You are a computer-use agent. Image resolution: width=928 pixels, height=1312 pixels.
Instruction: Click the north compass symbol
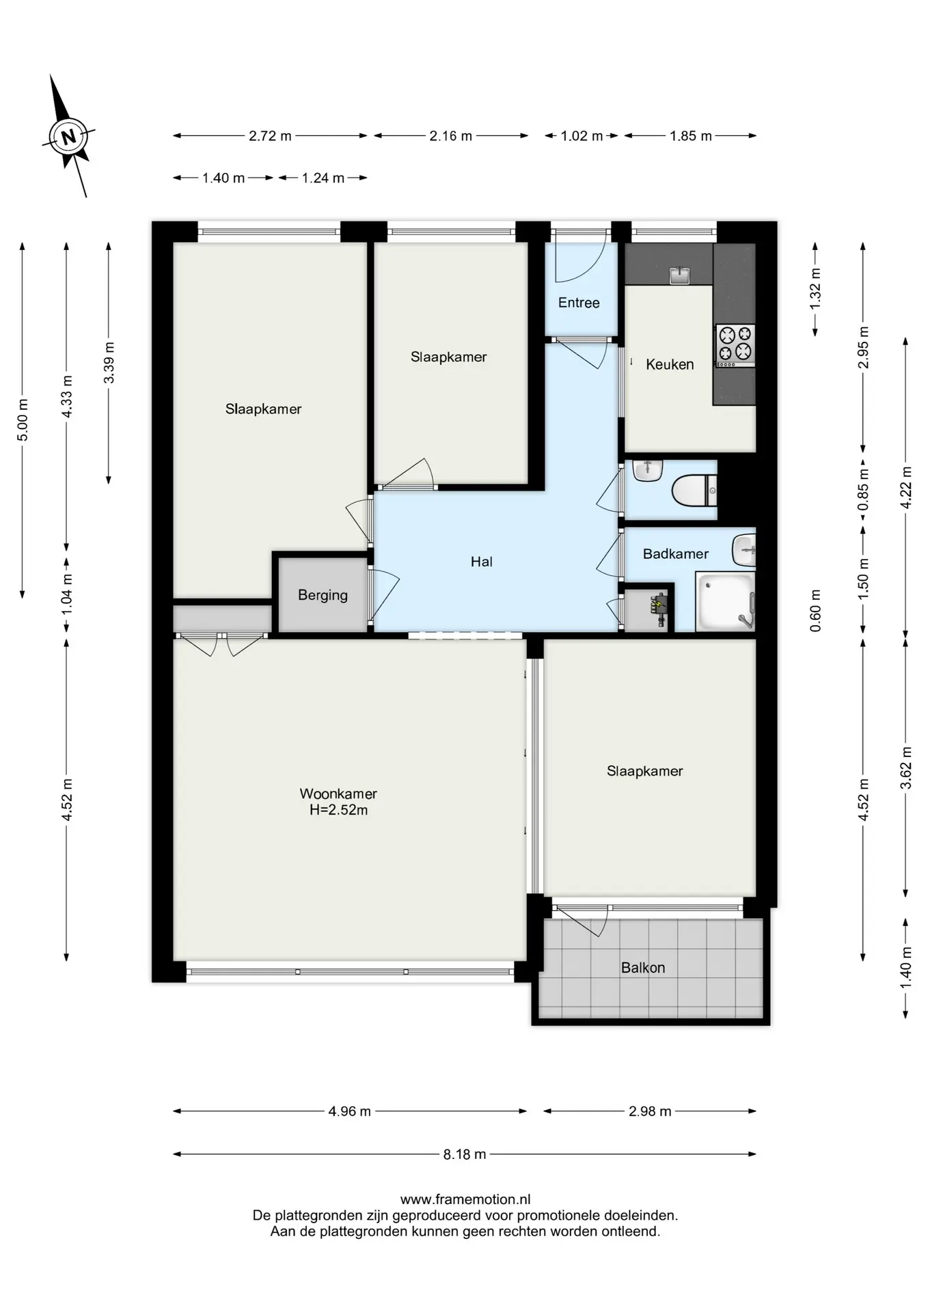(68, 137)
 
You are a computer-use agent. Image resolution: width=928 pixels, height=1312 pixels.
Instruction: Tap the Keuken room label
(670, 364)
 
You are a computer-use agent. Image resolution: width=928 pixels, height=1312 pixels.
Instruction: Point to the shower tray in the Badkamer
(725, 601)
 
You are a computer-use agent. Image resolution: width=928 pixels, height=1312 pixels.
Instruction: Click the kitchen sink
(680, 275)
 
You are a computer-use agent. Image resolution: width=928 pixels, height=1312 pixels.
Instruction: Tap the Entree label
(579, 303)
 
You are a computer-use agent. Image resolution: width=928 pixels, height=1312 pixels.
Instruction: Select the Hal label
(482, 562)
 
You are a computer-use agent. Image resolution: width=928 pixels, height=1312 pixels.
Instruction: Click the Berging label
(323, 595)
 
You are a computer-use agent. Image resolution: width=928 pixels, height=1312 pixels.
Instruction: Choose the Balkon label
(643, 968)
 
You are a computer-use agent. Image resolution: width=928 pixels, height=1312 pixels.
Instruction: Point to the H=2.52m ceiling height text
(338, 810)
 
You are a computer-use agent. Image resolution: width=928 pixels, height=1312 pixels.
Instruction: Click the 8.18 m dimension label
(465, 1154)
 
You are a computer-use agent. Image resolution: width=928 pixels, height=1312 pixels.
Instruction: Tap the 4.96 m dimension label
(349, 1111)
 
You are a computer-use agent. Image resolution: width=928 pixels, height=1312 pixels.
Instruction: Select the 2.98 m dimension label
(650, 1111)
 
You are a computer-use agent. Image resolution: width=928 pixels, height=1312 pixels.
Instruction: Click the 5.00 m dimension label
(23, 419)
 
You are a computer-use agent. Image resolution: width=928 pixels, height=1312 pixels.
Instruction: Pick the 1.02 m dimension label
(582, 136)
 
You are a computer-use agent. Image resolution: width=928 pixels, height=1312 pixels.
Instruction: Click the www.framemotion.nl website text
(465, 1199)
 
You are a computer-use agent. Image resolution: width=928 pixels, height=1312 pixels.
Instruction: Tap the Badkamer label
(676, 553)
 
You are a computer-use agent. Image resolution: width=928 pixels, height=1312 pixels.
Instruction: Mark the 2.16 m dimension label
(451, 136)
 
